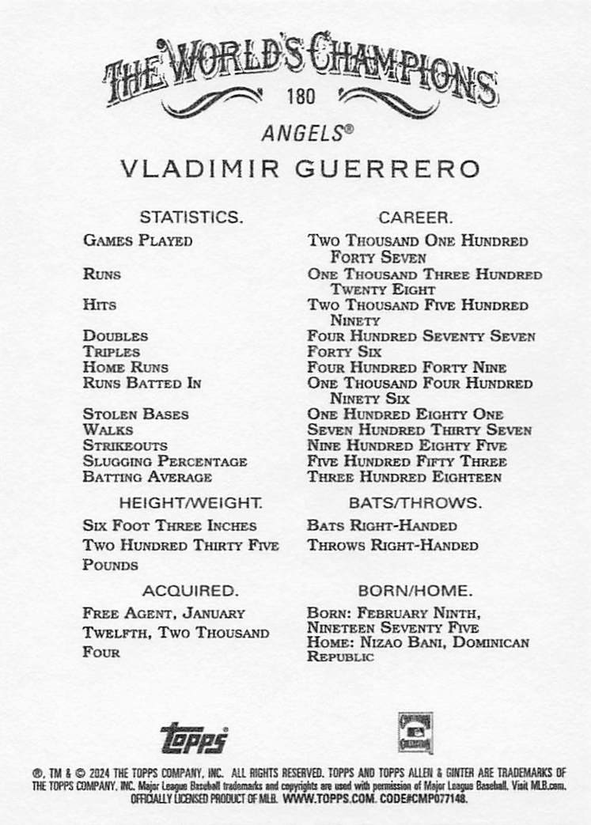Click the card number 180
click(301, 98)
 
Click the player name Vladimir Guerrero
click(300, 170)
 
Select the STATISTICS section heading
click(191, 217)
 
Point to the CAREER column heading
click(415, 217)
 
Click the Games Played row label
click(138, 240)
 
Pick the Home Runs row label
click(131, 367)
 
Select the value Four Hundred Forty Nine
click(407, 368)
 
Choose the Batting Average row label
click(147, 477)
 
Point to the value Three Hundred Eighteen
click(404, 477)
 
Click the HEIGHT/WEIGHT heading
click(190, 503)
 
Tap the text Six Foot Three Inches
click(169, 525)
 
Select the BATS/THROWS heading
click(415, 503)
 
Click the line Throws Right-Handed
click(393, 545)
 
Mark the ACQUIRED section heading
click(190, 590)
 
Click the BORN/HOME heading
click(415, 590)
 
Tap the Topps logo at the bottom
click(194, 737)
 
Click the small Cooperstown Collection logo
click(415, 732)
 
